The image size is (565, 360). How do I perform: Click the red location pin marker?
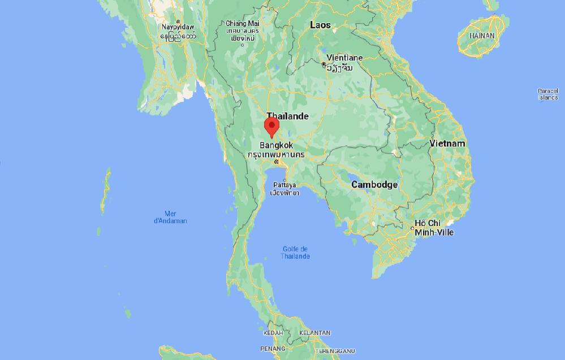click(x=272, y=127)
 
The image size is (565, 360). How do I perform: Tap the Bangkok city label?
click(x=276, y=145)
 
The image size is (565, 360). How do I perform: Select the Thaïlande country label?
click(x=288, y=116)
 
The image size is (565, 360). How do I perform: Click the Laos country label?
click(x=320, y=25)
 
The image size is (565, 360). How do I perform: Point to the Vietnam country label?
click(x=447, y=144)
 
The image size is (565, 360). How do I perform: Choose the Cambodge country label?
click(x=374, y=185)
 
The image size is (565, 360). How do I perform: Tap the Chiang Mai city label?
click(x=242, y=24)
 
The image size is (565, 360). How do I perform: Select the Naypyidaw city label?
click(x=178, y=27)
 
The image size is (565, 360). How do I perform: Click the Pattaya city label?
click(x=284, y=185)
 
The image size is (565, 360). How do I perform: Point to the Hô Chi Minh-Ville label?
click(x=434, y=228)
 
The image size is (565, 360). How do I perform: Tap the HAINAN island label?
click(x=481, y=36)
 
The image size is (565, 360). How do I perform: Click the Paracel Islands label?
click(x=547, y=94)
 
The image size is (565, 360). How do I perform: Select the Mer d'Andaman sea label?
click(x=170, y=217)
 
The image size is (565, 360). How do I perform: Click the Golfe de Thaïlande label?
click(x=295, y=253)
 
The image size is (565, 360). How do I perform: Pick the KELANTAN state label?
click(x=314, y=333)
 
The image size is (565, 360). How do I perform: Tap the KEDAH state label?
click(x=273, y=333)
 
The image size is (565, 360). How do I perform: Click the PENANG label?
click(x=272, y=349)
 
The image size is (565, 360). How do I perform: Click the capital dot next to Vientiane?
click(x=324, y=65)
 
